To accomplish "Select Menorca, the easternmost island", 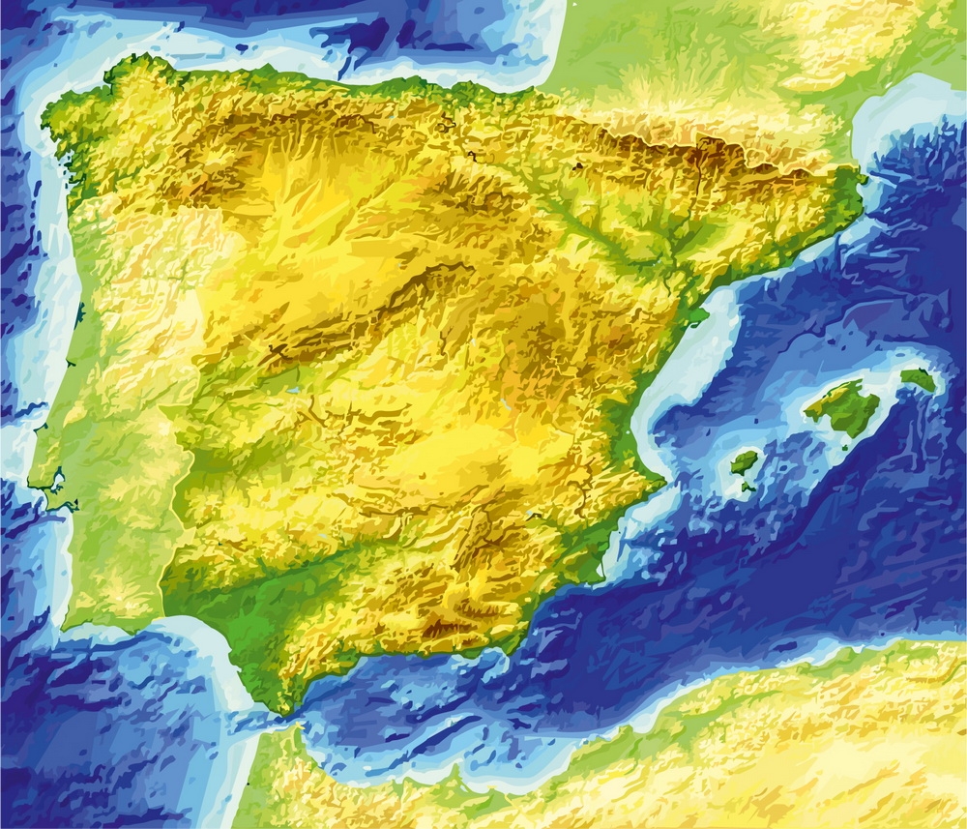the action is pos(919,379).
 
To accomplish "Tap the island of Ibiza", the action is pos(744,462).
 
